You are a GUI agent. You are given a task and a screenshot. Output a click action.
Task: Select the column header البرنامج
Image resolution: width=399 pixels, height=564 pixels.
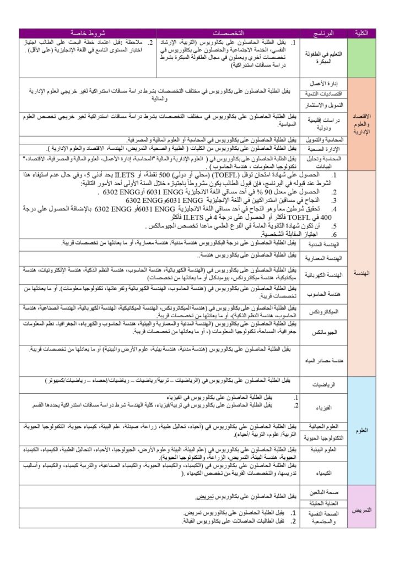coord(323,34)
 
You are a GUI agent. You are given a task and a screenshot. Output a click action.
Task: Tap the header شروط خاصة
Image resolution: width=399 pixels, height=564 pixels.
coord(88,34)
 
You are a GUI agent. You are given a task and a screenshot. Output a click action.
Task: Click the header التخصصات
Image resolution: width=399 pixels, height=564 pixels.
coord(228,34)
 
